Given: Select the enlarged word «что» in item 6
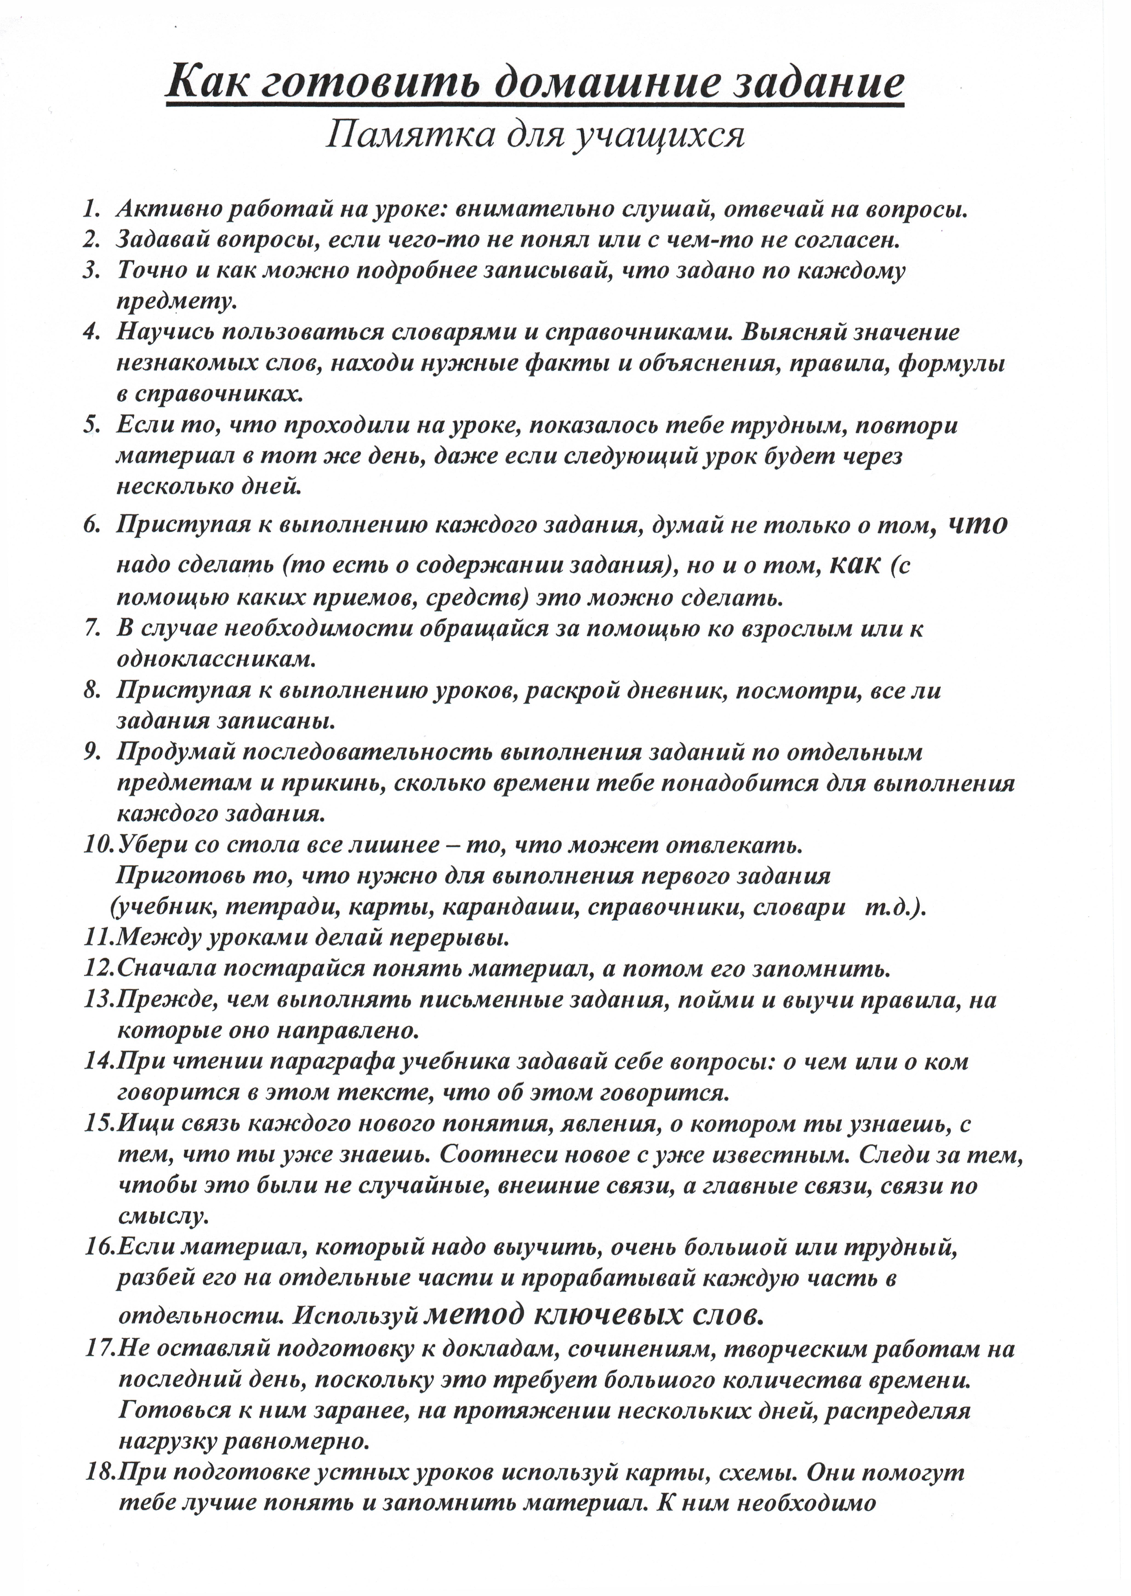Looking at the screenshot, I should click(978, 524).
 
